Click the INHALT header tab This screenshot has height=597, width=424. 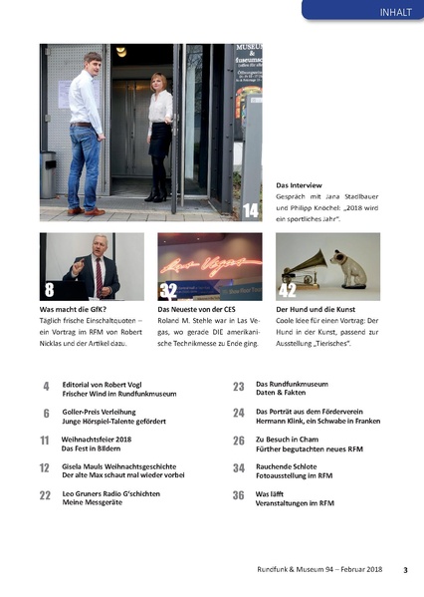pyautogui.click(x=386, y=12)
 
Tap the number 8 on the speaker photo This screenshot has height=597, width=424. pyautogui.click(x=49, y=289)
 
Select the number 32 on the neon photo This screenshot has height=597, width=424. pyautogui.click(x=168, y=290)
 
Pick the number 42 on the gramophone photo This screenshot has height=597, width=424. pyautogui.click(x=288, y=290)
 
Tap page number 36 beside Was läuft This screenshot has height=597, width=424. pyautogui.click(x=239, y=494)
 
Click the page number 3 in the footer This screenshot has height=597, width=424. pyautogui.click(x=405, y=570)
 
